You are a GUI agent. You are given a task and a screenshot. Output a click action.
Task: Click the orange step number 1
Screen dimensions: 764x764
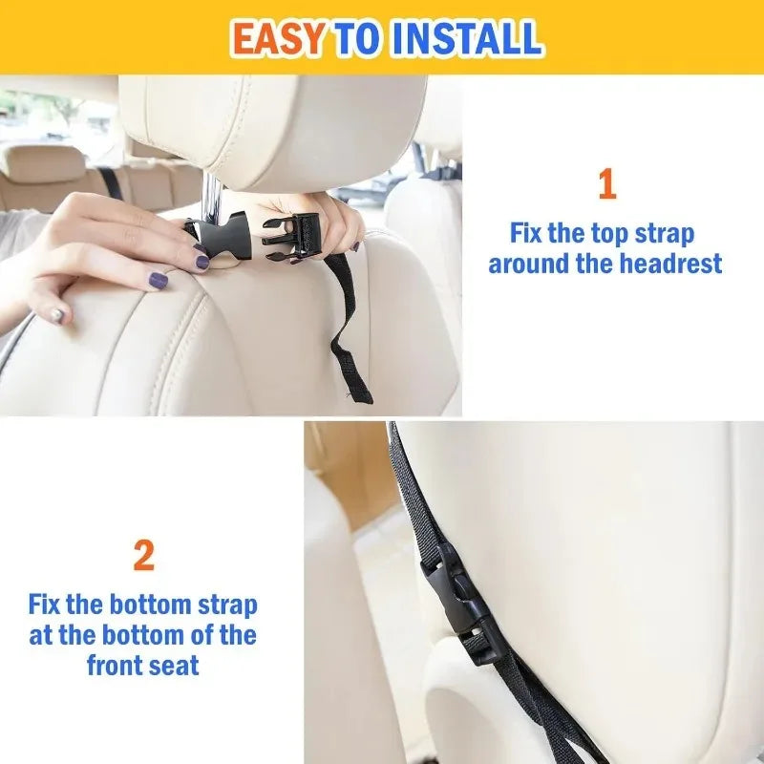[606, 184]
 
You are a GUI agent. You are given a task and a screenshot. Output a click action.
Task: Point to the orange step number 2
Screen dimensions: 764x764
[143, 556]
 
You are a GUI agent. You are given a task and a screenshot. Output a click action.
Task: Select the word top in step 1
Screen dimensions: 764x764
[587, 233]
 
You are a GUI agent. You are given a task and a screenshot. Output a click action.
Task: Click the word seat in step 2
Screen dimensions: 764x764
[174, 665]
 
